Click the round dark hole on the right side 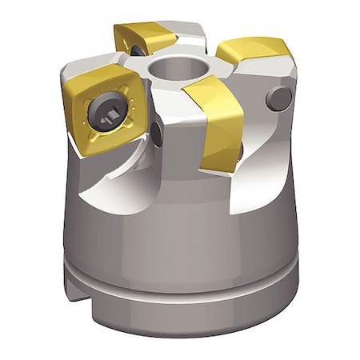pos(279,98)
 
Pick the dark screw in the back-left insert pos(137,50)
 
